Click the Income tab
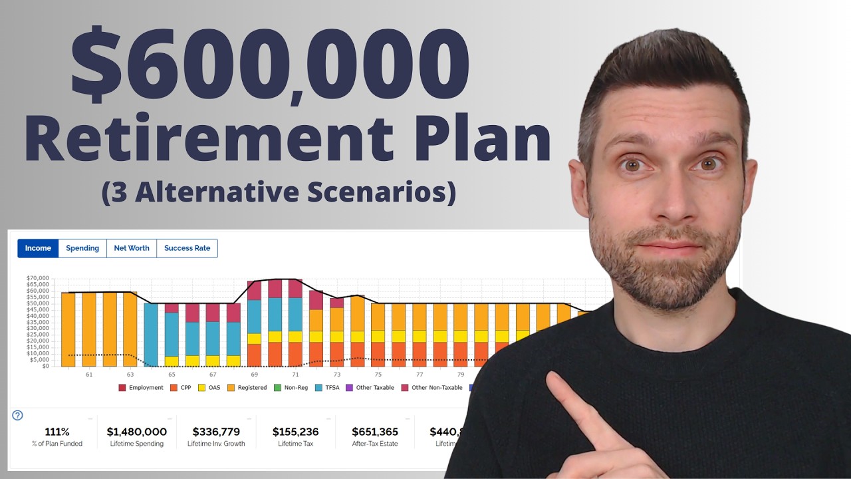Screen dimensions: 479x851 pyautogui.click(x=38, y=248)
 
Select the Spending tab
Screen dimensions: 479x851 pyautogui.click(x=82, y=248)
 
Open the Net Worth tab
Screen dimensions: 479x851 pyautogui.click(x=132, y=248)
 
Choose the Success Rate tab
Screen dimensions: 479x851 pyautogui.click(x=187, y=248)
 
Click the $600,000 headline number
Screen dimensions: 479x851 pyautogui.click(x=270, y=64)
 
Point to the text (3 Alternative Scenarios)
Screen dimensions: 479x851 pyautogui.click(x=279, y=192)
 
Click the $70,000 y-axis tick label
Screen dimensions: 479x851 pyautogui.click(x=38, y=278)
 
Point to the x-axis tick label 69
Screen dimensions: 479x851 pyautogui.click(x=255, y=375)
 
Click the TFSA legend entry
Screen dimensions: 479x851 pyautogui.click(x=328, y=388)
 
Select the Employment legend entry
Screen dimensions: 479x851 pyautogui.click(x=141, y=388)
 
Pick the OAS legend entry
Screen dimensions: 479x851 pyautogui.click(x=209, y=388)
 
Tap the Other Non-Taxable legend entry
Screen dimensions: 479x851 pyautogui.click(x=432, y=388)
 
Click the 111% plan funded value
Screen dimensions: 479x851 pyautogui.click(x=57, y=432)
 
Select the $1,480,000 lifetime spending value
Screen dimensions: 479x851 pyautogui.click(x=137, y=432)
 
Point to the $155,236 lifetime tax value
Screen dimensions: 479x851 pyautogui.click(x=295, y=432)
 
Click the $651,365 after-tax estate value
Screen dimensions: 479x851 pyautogui.click(x=375, y=432)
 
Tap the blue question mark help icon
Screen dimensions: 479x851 pyautogui.click(x=18, y=415)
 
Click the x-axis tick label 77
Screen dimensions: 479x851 pyautogui.click(x=420, y=375)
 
